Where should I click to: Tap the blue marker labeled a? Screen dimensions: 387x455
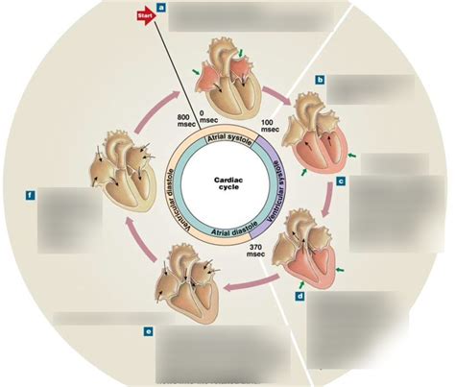(x=161, y=8)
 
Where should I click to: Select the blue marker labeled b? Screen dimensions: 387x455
(x=321, y=81)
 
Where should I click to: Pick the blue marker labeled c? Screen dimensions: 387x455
(x=341, y=181)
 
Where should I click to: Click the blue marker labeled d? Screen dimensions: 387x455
(x=301, y=298)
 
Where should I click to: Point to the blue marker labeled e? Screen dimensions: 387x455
(x=149, y=332)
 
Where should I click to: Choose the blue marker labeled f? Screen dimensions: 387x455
(x=32, y=196)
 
